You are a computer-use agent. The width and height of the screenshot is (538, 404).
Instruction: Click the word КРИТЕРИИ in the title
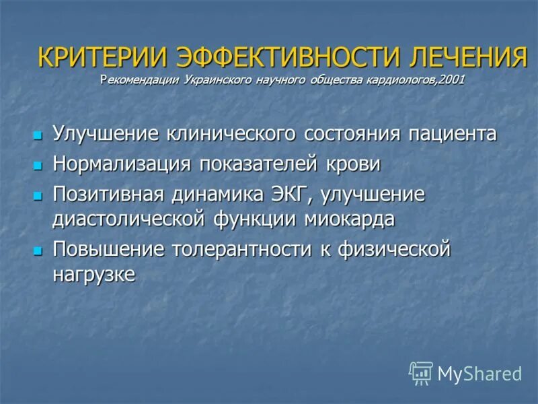[x=102, y=58]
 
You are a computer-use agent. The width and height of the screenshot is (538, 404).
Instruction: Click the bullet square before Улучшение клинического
[x=38, y=135]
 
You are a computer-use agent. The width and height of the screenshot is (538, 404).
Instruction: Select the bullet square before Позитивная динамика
[x=38, y=196]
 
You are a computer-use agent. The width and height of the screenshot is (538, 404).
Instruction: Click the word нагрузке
[x=94, y=274]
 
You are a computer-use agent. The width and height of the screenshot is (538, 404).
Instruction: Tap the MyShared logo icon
[x=421, y=373]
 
